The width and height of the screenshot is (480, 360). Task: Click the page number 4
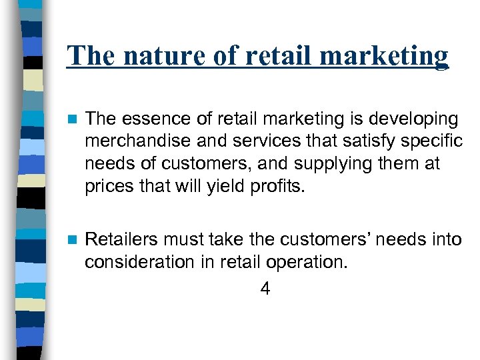tap(265, 289)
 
